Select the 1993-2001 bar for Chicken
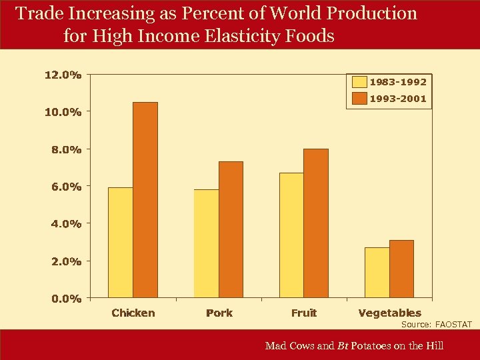145,200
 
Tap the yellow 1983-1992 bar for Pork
206,243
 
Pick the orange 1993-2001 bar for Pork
231,229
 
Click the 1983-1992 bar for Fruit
291,235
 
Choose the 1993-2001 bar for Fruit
316,223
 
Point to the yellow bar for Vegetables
377,272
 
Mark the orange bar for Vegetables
401,269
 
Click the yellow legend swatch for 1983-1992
359,82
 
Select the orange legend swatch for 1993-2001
359,99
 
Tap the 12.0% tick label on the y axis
63,75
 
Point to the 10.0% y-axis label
63,112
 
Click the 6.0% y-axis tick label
66,187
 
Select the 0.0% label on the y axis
66,299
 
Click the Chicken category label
133,313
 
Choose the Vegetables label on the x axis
389,313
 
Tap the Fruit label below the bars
304,313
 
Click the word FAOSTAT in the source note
453,325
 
